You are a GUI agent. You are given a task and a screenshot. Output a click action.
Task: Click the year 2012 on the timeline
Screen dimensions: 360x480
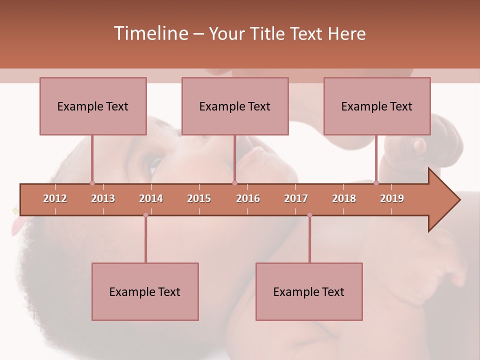click(x=55, y=198)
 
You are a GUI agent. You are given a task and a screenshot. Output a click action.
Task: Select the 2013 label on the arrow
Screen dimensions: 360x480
click(x=103, y=198)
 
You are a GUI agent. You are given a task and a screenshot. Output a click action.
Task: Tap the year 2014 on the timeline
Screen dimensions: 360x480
click(x=151, y=198)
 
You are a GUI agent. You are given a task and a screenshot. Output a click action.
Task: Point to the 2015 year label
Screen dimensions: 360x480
click(x=199, y=198)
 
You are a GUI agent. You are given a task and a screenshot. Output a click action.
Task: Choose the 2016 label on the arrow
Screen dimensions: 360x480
click(x=248, y=198)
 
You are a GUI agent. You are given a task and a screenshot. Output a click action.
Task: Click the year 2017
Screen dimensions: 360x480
click(x=296, y=198)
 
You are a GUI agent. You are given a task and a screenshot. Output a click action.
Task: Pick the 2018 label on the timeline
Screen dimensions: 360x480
click(x=344, y=198)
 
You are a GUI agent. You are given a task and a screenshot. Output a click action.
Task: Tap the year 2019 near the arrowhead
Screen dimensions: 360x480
click(x=392, y=198)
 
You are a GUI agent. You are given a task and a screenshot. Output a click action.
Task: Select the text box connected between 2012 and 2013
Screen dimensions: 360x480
click(x=93, y=106)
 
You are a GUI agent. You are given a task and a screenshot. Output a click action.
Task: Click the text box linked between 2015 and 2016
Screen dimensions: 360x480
click(x=235, y=106)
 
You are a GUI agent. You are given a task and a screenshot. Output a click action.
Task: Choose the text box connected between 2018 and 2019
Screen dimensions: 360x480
click(x=377, y=106)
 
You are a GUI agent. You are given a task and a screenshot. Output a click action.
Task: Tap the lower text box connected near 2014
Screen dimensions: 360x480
click(x=145, y=291)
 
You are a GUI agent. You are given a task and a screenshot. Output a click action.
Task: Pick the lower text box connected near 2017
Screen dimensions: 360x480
click(x=309, y=291)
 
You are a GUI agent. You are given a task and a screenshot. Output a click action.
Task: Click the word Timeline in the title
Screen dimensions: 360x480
click(x=150, y=33)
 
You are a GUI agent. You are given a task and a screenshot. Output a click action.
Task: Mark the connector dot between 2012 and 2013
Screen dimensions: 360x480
click(x=92, y=183)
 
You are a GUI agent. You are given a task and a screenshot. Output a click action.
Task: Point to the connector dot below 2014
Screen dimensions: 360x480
click(x=145, y=215)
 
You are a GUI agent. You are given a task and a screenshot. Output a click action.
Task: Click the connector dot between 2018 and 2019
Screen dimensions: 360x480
click(x=376, y=183)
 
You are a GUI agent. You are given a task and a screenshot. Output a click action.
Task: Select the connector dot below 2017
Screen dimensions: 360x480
click(x=309, y=215)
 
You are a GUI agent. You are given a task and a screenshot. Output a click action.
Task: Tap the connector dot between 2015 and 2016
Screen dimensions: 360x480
click(x=234, y=183)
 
